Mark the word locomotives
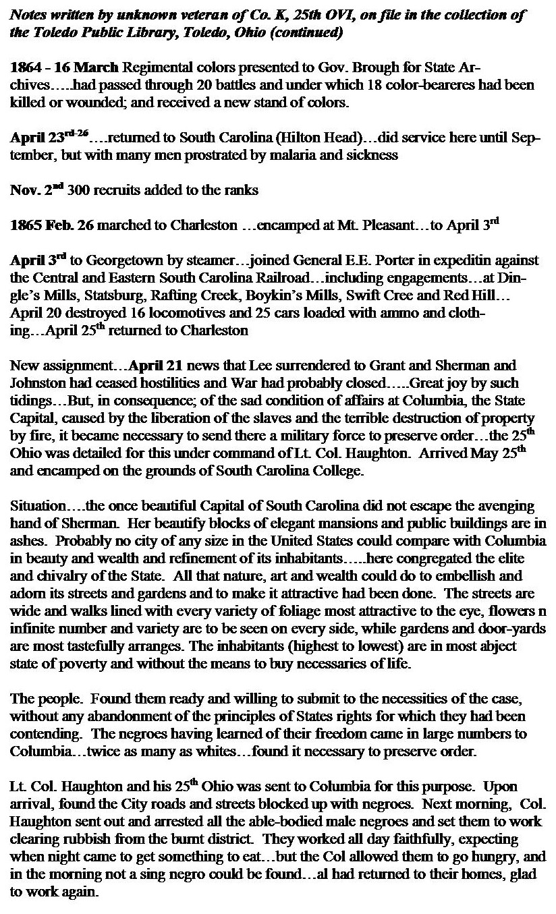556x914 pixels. click(157, 312)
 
